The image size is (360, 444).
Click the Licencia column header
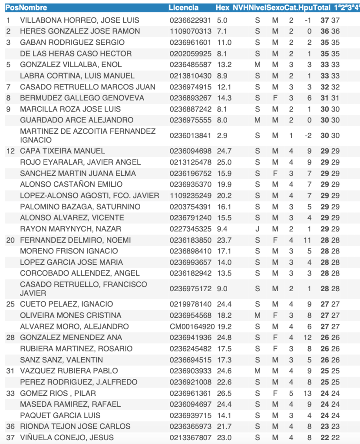[183, 8]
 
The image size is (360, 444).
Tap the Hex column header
[222, 8]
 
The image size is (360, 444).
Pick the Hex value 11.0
[224, 43]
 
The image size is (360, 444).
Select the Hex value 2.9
[222, 135]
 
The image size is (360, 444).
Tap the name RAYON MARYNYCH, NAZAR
[71, 229]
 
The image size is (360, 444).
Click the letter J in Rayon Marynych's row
[258, 229]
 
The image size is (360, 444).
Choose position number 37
[10, 437]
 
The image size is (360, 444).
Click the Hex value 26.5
[224, 393]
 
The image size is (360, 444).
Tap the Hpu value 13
[308, 393]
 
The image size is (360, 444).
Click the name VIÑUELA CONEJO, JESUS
[67, 437]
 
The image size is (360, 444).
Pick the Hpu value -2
[308, 135]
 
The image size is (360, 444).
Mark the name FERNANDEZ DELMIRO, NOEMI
[76, 240]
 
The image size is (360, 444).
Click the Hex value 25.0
[224, 162]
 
